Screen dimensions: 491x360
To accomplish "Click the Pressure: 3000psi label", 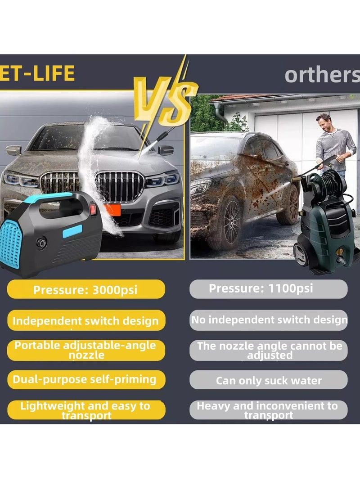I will [86, 289].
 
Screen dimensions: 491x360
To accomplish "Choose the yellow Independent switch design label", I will [86, 321].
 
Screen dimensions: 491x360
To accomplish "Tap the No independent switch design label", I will [269, 320].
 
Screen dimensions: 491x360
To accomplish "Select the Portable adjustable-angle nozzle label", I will [86, 350].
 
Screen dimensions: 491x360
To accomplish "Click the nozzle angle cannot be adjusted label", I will [269, 350].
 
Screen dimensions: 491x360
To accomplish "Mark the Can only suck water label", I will [269, 380].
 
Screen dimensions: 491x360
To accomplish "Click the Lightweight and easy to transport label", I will [86, 410].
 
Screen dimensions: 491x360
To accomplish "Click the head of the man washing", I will [324, 120].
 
